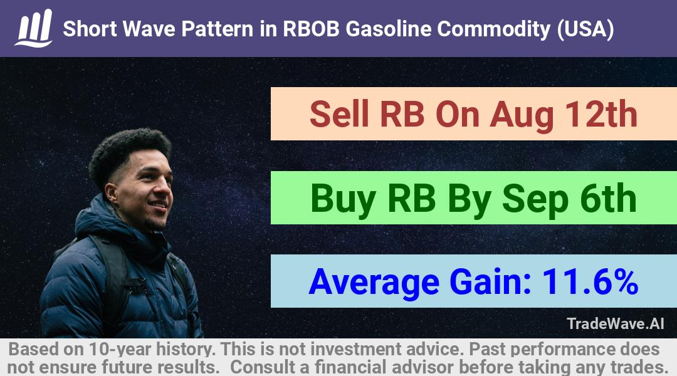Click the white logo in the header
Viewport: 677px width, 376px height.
tap(34, 28)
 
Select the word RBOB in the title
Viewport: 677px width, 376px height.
tap(311, 29)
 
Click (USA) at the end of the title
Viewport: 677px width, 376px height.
tap(585, 29)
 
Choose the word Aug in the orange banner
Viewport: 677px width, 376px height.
tap(521, 116)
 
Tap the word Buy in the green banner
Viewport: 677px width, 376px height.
tap(344, 199)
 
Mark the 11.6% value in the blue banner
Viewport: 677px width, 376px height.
tap(590, 282)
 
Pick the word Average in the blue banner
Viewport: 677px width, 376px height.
tap(374, 283)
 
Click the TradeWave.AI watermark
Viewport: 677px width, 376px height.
tap(616, 324)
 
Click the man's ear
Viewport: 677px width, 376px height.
tap(111, 193)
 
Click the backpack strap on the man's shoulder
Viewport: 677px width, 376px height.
tap(113, 276)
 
